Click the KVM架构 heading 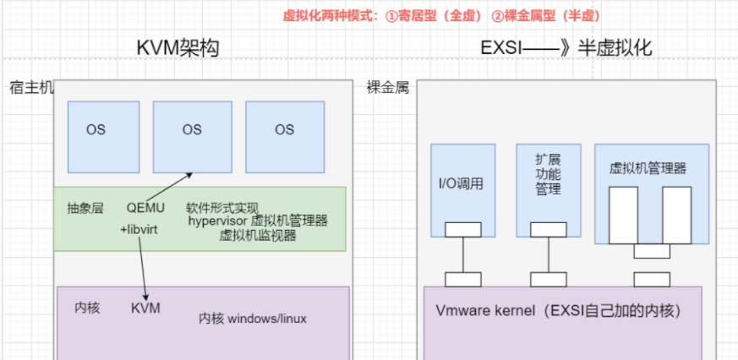pos(178,48)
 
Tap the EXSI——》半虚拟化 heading pos(566,48)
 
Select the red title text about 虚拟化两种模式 pos(441,15)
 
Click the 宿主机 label pos(31,88)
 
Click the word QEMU pos(145,207)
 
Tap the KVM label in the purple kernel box pos(145,308)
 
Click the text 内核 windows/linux pos(253,319)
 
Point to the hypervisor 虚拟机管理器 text pos(258,221)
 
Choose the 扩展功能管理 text pos(548,174)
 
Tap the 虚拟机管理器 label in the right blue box pos(648,168)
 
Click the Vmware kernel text pos(558,310)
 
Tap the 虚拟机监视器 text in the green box pos(257,235)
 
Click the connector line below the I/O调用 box pos(462,255)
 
